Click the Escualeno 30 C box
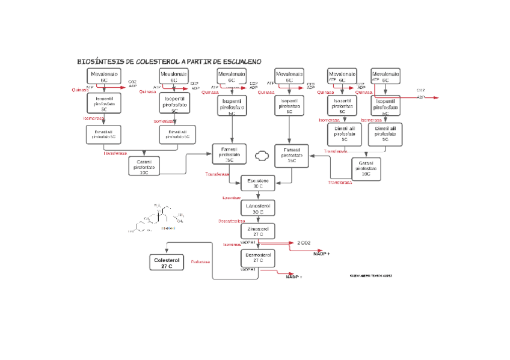257,183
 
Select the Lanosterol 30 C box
257,208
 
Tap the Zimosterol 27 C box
257,231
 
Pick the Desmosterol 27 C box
257,258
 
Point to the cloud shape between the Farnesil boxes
262,156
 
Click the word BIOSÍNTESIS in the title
100,62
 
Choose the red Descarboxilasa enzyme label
231,221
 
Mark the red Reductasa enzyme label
200,262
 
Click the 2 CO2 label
303,242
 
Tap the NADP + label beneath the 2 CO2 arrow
322,254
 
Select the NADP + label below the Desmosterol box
293,277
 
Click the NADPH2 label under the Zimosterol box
248,242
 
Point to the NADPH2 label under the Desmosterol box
248,270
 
